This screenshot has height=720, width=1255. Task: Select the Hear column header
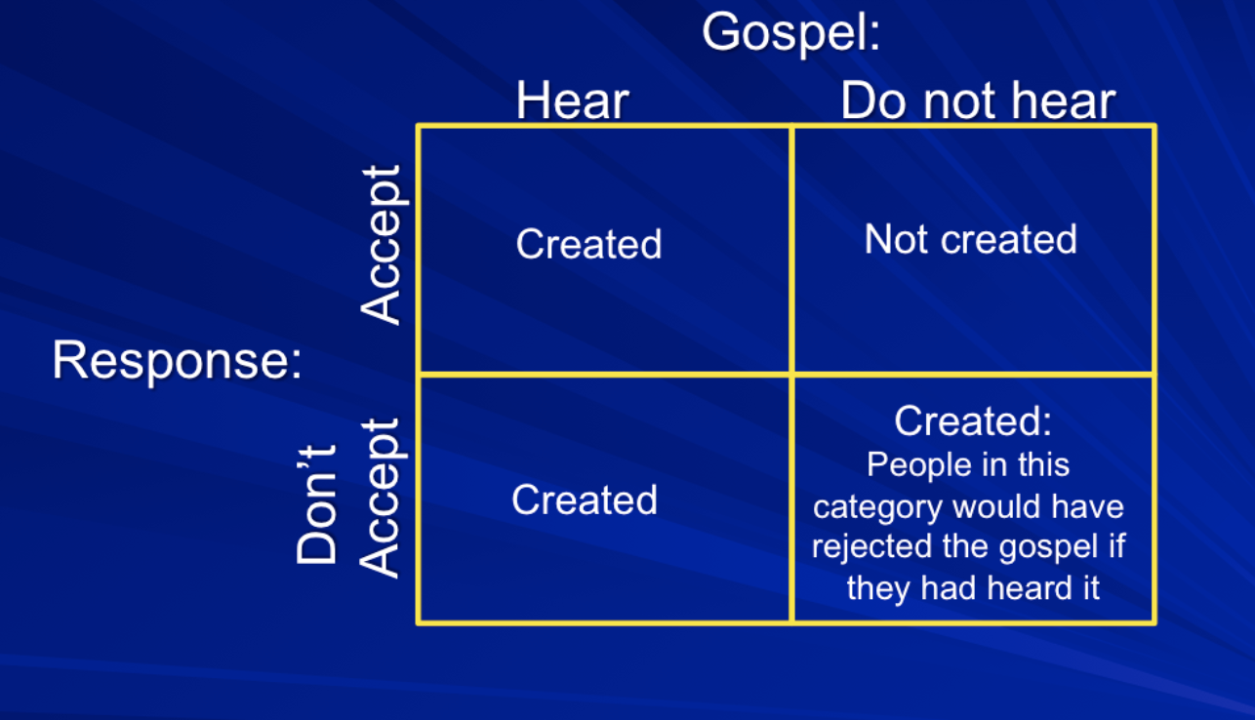(573, 100)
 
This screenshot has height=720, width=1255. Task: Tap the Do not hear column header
(978, 100)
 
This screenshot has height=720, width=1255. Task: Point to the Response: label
(177, 362)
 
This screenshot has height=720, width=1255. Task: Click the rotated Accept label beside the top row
(381, 244)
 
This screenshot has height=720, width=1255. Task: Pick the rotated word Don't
(316, 503)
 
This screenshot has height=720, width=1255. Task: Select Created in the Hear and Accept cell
(588, 244)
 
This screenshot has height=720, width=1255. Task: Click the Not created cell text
(970, 240)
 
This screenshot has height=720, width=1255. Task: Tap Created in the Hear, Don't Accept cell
(585, 500)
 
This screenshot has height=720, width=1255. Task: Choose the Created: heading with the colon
(973, 421)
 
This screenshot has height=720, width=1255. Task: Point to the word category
(877, 508)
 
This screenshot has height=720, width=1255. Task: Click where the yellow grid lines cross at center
(791, 374)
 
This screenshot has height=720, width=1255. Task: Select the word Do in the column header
(873, 100)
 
